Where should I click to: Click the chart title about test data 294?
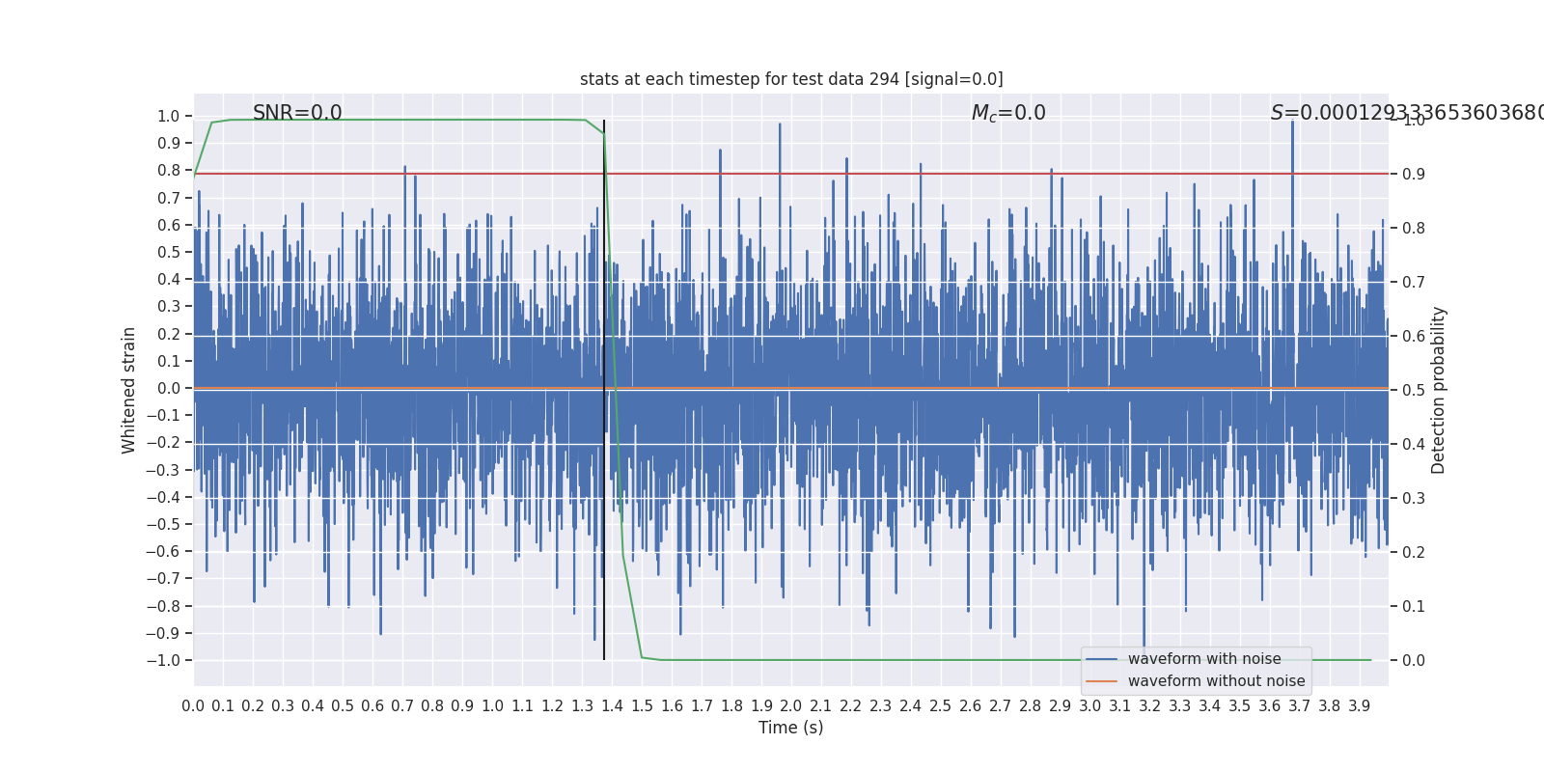791,79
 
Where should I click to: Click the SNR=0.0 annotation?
297,113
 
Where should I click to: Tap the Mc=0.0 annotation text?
1008,113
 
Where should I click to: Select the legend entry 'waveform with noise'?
1204,659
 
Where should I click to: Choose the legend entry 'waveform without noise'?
1216,681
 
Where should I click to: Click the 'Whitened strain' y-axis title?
129,390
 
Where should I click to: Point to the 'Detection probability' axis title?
1439,390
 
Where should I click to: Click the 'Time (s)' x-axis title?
790,728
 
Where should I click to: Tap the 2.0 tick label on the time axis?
791,706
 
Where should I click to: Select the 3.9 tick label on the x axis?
1359,706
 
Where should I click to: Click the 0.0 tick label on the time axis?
193,706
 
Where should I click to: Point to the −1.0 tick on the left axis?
163,660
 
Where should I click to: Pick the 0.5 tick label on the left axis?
168,252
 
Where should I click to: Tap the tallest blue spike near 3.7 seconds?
1292,123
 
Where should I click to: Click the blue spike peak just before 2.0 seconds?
780,125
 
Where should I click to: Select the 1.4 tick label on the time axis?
612,706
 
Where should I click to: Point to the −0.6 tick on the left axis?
163,551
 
